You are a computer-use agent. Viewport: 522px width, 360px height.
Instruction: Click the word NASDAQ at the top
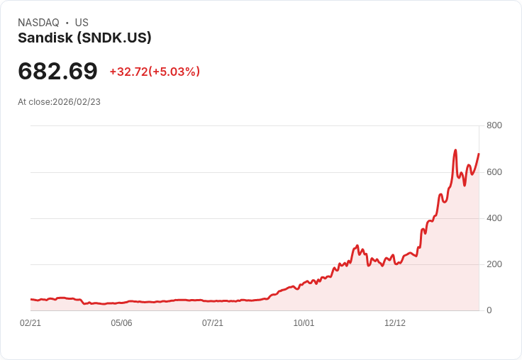pos(38,23)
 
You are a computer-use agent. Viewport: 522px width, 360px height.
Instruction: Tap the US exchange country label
pos(82,23)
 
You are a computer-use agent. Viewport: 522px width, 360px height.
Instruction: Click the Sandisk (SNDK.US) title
pos(84,38)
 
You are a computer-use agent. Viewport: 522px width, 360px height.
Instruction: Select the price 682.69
pos(57,71)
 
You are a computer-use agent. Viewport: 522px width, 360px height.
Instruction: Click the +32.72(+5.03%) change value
pos(155,72)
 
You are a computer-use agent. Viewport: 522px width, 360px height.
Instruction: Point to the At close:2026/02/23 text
pos(59,102)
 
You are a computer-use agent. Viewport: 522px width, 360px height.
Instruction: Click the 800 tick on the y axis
pos(494,125)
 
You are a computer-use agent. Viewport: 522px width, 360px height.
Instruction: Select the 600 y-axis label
pos(494,171)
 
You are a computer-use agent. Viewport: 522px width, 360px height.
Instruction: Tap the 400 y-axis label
pos(494,218)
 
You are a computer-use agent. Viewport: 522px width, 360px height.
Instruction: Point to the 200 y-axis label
pos(494,264)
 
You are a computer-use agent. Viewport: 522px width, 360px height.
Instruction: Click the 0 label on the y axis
pos(489,310)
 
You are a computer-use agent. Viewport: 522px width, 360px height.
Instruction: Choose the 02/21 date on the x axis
pos(30,323)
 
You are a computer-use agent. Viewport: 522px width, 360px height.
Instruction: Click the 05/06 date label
pos(121,323)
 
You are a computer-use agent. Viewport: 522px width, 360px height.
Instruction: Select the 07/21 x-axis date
pos(213,323)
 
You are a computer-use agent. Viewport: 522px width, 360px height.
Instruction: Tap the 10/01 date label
pos(304,323)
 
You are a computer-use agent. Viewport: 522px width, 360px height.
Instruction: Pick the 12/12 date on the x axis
pos(395,323)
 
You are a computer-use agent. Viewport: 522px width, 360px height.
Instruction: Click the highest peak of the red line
pos(455,150)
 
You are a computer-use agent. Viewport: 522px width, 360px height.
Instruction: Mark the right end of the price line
pos(479,154)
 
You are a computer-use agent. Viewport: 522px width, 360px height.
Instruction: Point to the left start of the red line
pos(31,300)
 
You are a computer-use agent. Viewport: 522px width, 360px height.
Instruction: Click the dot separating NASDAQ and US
pos(67,23)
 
